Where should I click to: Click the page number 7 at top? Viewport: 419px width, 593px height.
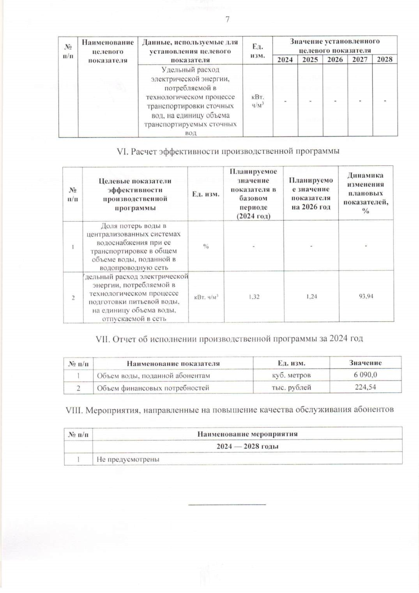(227, 20)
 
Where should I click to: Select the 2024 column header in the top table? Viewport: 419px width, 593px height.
(285, 59)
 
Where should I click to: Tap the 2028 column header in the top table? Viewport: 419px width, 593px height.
(385, 59)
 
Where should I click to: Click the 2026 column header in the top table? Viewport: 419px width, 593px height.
(335, 59)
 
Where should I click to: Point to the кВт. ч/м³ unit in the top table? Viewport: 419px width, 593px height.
(258, 101)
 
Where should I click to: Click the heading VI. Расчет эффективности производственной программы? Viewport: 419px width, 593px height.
(228, 151)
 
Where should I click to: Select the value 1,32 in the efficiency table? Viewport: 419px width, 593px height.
(254, 297)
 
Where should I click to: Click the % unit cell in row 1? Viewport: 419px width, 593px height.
(206, 246)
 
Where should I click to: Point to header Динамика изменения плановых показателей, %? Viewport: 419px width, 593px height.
(366, 193)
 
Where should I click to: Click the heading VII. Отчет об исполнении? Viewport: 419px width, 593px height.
(229, 339)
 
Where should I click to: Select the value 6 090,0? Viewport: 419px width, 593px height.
(365, 375)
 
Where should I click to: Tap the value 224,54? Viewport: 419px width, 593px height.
(365, 387)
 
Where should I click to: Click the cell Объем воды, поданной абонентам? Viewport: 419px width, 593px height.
(153, 376)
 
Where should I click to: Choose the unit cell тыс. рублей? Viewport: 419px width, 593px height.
(291, 388)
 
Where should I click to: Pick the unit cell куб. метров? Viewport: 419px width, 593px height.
(291, 375)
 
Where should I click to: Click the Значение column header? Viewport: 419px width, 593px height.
(365, 363)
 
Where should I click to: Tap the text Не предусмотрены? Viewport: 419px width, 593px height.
(128, 459)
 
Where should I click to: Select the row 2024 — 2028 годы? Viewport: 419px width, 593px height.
(247, 446)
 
